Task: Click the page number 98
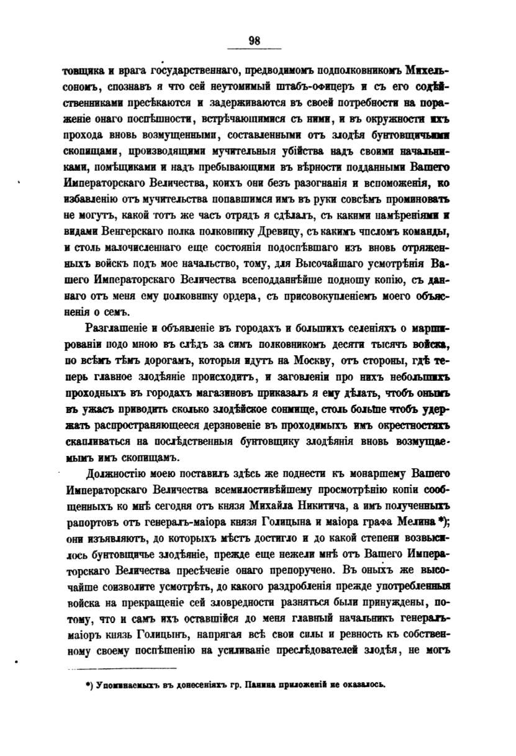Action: [x=255, y=41]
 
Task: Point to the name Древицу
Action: [x=279, y=231]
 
